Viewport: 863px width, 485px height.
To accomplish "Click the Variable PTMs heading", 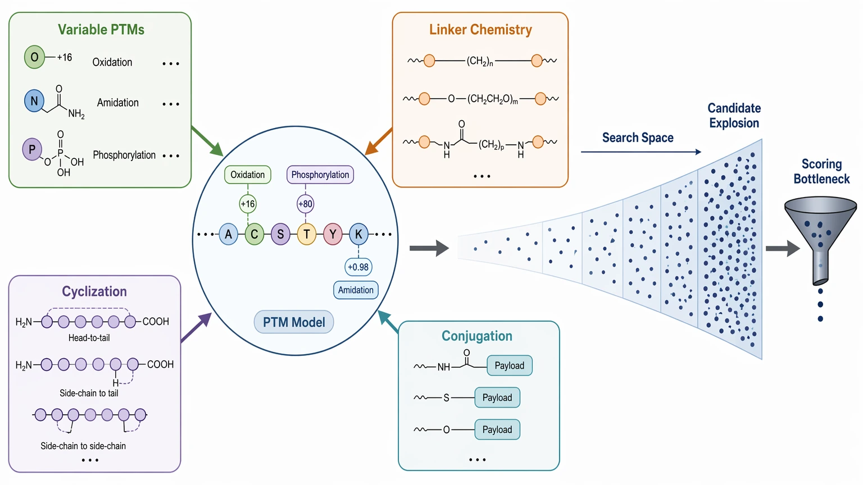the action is (101, 30).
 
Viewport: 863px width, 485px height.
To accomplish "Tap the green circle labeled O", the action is (34, 57).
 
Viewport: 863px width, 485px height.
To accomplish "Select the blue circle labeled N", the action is (34, 101).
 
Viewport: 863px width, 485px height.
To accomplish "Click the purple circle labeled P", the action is (32, 149).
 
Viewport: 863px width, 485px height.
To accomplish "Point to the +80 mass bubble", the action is (305, 204).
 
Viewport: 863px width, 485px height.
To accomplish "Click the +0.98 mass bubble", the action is (358, 267).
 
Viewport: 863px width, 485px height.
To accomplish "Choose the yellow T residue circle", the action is (307, 234).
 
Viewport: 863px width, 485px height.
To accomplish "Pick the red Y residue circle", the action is (333, 234).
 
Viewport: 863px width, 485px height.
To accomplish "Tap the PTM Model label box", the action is (294, 322).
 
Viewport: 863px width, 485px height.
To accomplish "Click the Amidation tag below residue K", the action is (356, 290).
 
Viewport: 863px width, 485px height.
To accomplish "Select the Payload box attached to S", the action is (497, 397).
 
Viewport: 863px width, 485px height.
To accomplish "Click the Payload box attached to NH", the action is (510, 365).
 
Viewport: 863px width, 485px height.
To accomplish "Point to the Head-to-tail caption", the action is (89, 337).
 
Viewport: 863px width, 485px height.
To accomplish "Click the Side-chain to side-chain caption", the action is (83, 446).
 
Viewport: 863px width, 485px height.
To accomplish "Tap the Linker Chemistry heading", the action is (480, 30).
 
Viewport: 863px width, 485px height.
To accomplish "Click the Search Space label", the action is (638, 138).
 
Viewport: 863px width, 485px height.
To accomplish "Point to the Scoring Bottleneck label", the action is (821, 171).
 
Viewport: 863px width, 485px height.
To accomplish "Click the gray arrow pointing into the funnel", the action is (782, 248).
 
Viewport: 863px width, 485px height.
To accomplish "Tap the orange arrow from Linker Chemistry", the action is (378, 141).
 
